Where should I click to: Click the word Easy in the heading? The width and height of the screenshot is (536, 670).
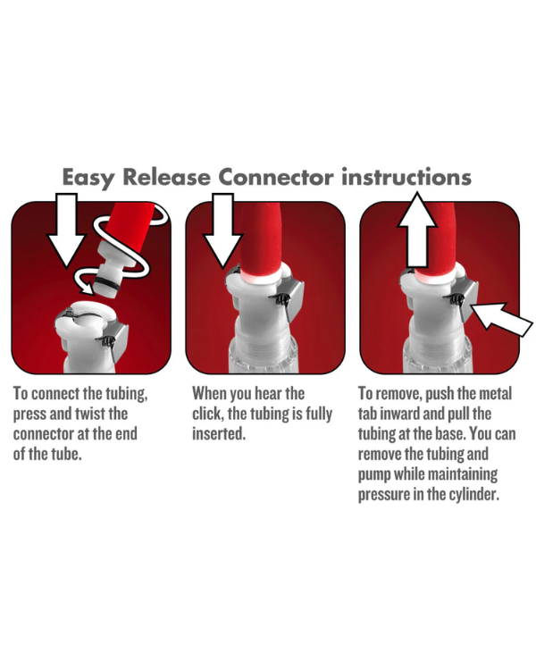88,178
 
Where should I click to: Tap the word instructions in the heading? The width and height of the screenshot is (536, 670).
406,177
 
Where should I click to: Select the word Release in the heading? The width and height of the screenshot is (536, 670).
167,177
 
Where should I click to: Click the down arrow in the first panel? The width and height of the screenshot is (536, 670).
67,229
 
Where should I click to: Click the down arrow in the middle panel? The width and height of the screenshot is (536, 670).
222,229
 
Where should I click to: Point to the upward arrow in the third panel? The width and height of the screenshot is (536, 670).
417,230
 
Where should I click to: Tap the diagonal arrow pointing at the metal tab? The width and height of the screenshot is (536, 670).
501,319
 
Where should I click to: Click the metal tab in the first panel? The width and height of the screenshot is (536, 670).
115,339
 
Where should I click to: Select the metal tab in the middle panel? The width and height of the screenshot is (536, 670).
289,297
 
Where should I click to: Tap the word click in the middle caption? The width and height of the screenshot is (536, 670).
207,414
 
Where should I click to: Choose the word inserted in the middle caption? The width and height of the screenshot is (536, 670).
219,433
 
